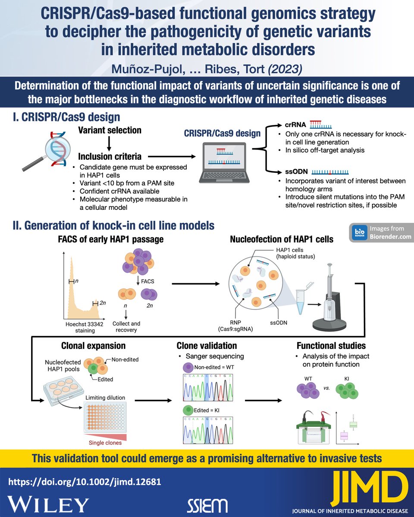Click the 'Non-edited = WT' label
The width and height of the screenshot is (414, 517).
pyautogui.click(x=213, y=367)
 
